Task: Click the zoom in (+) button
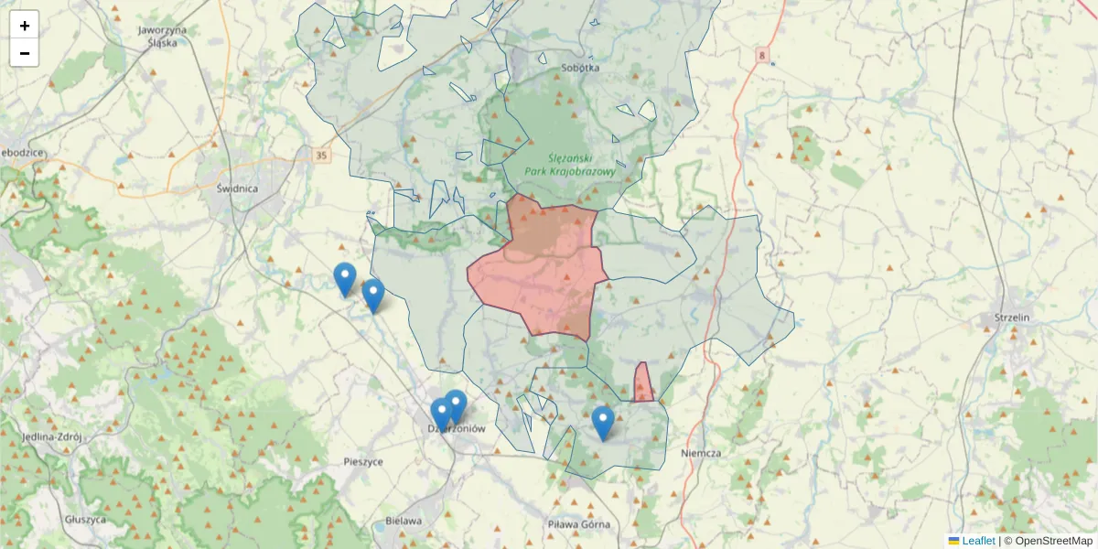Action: pyautogui.click(x=25, y=25)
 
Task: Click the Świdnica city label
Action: pyautogui.click(x=237, y=188)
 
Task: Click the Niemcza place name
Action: pyautogui.click(x=702, y=453)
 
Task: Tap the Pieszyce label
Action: pyautogui.click(x=363, y=462)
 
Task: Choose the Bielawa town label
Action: pyautogui.click(x=404, y=521)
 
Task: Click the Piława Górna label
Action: pyautogui.click(x=577, y=524)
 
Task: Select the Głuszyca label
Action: pyautogui.click(x=85, y=519)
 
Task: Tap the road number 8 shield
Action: pyautogui.click(x=763, y=57)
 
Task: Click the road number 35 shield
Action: pyautogui.click(x=320, y=156)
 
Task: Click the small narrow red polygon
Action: pyautogui.click(x=643, y=384)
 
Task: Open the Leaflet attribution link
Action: pyautogui.click(x=978, y=541)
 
